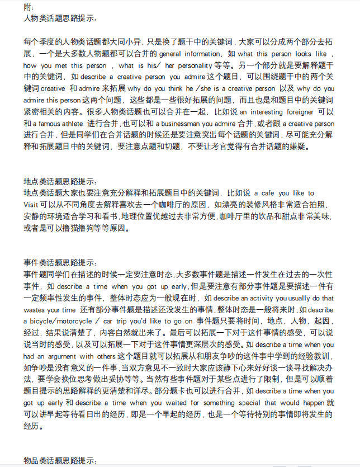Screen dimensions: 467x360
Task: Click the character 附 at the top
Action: (27, 7)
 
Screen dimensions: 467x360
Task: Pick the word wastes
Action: (35, 309)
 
